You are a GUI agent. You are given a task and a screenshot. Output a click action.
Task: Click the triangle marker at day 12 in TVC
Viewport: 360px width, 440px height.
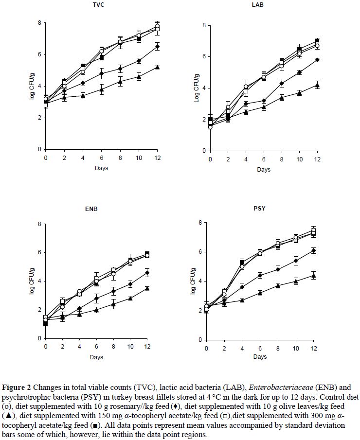click(157, 67)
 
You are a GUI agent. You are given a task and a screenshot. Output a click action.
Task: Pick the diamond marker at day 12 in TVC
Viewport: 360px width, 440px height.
click(157, 47)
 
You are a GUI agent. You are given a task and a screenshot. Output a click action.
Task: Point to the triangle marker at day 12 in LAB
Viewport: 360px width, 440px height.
click(317, 85)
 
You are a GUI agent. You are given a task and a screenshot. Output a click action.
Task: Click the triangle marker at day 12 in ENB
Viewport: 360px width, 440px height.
click(147, 288)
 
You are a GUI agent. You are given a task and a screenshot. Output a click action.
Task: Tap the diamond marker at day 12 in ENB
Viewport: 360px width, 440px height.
click(147, 273)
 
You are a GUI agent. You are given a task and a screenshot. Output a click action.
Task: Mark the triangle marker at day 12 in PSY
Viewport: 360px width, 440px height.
click(313, 276)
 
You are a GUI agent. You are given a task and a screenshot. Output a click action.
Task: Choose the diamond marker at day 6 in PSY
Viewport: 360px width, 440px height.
click(260, 275)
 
